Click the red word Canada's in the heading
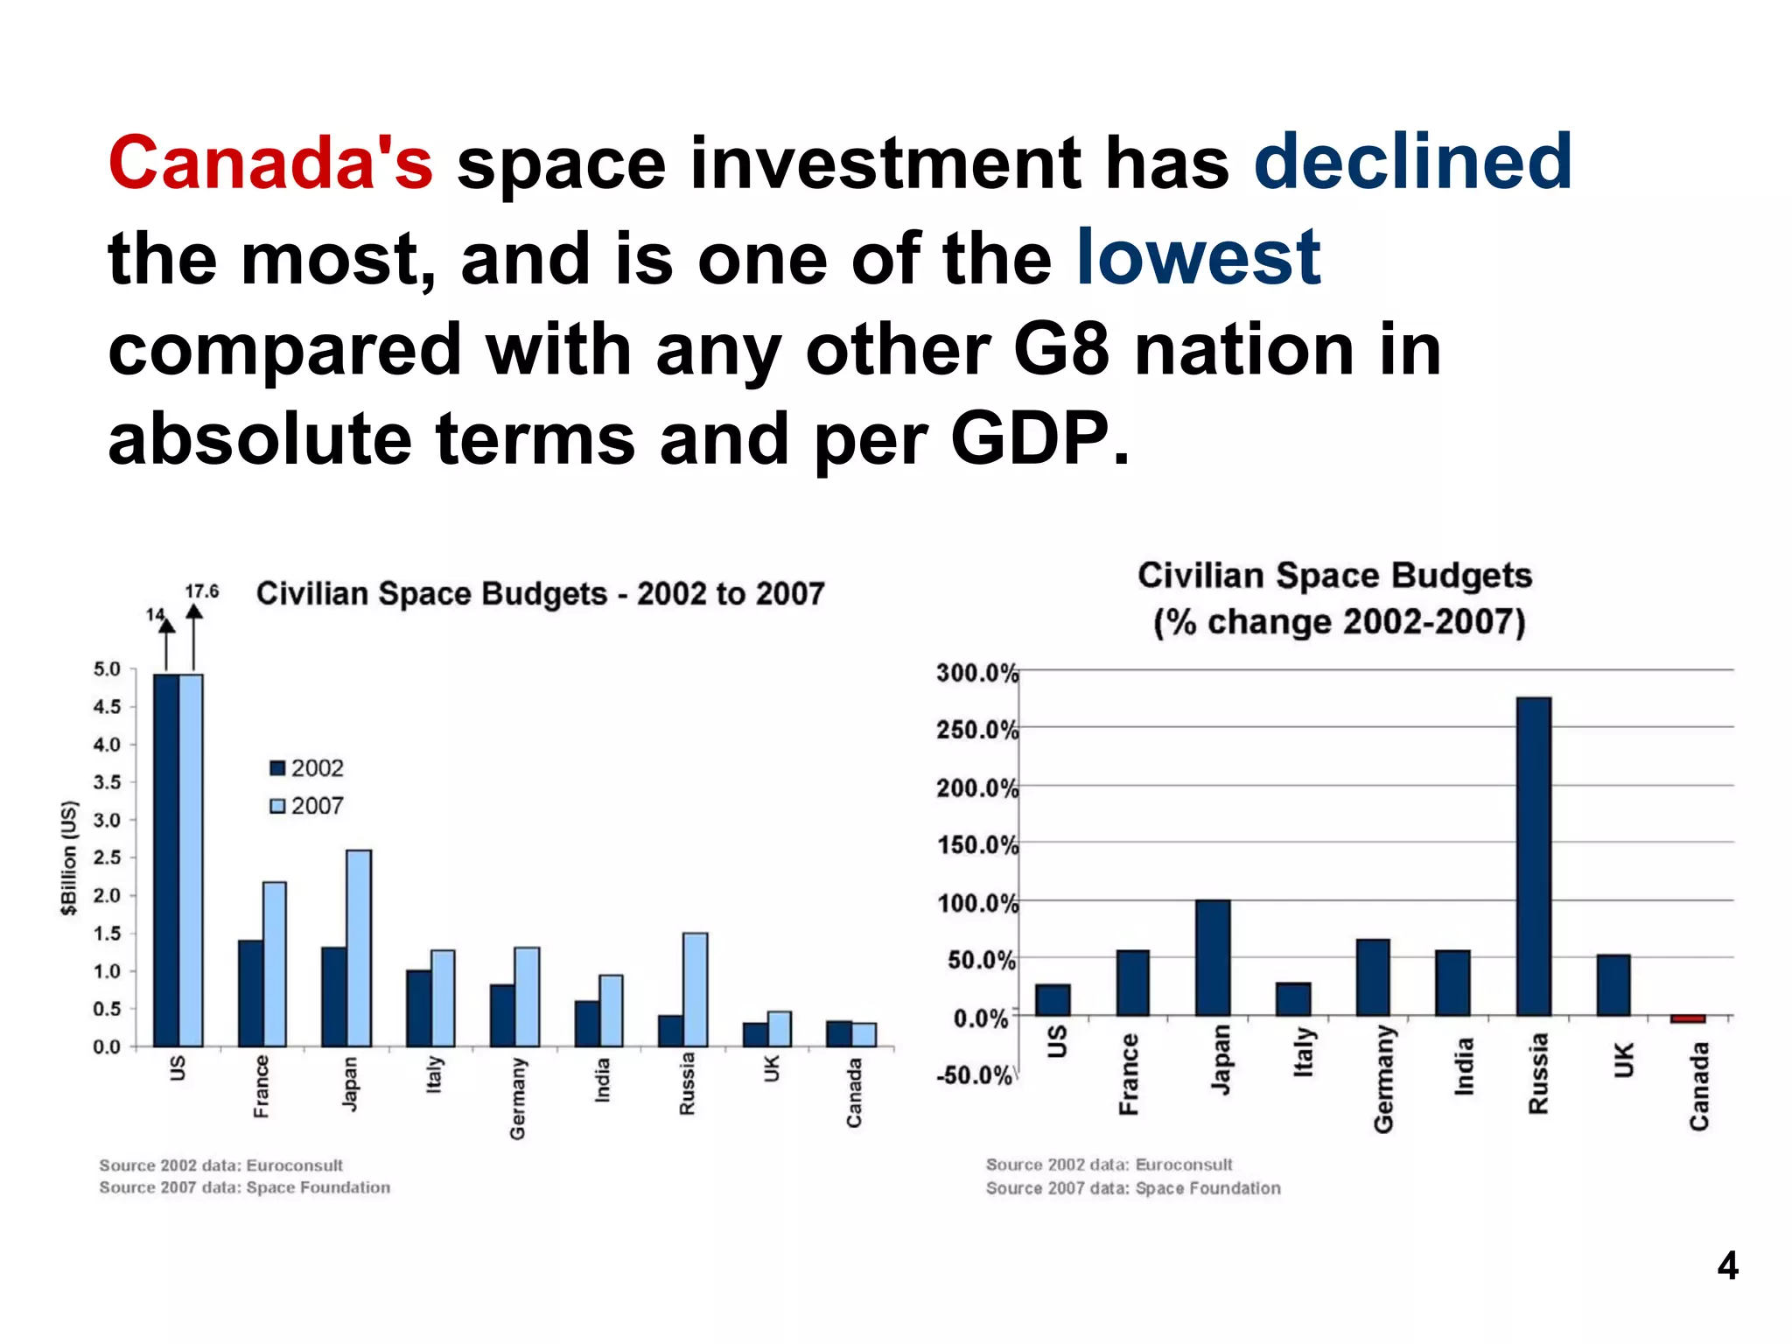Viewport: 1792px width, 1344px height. pos(270,164)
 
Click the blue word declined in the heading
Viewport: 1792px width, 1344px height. pos(1412,162)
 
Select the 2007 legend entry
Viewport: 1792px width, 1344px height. pos(307,806)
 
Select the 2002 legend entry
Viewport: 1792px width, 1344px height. pos(307,768)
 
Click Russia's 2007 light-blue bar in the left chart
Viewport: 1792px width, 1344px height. pos(695,990)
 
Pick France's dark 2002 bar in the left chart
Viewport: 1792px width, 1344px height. pos(250,993)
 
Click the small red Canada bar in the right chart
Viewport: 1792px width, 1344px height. pos(1687,1019)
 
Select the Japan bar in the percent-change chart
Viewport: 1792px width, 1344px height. pos(1212,957)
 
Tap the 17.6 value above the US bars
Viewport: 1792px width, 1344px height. pos(201,592)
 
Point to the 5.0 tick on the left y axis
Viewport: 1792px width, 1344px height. pos(107,669)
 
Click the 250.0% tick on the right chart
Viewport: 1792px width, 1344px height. pos(976,730)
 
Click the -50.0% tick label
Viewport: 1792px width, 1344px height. pos(974,1075)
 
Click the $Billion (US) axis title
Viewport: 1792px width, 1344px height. pos(69,857)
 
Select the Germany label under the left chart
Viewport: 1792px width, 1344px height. pos(517,1098)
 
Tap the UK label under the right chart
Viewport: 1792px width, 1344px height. pos(1623,1060)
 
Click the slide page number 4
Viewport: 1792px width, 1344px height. pos(1726,1266)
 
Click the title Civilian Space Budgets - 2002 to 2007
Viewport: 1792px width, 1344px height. pos(540,594)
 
